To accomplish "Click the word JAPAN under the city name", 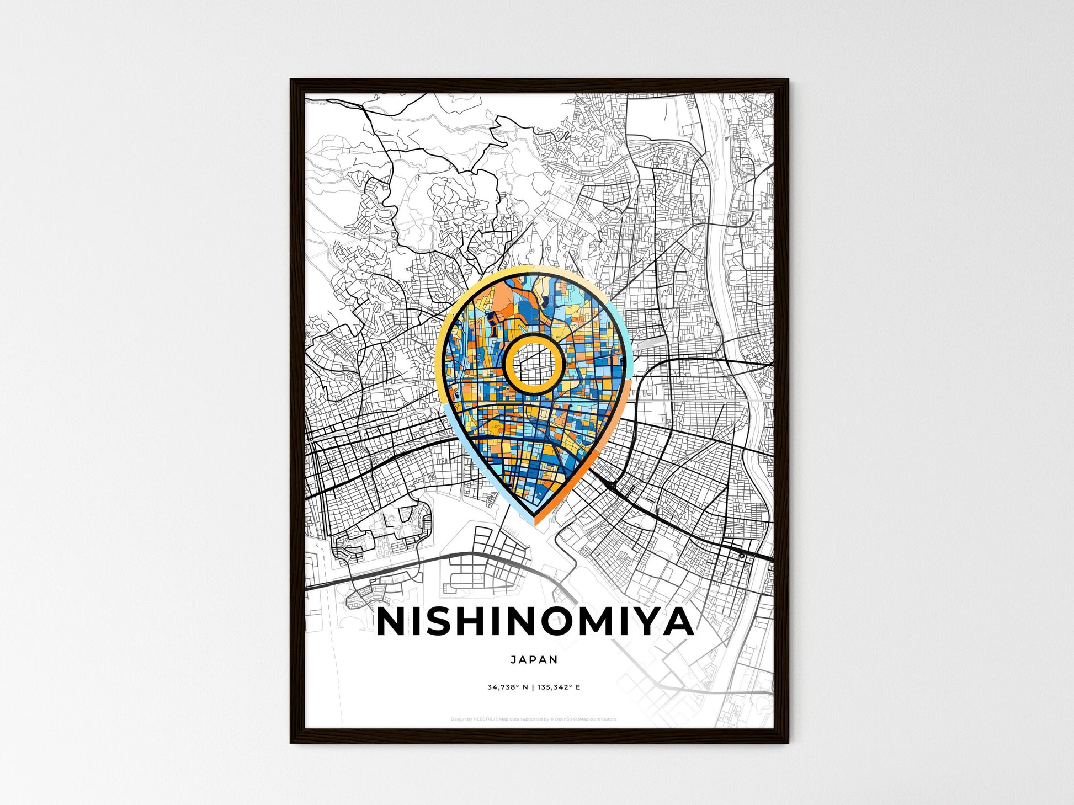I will tap(534, 659).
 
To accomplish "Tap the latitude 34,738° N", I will tap(507, 687).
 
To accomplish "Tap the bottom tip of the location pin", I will tap(534, 523).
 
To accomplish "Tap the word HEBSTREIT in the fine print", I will tap(485, 719).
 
